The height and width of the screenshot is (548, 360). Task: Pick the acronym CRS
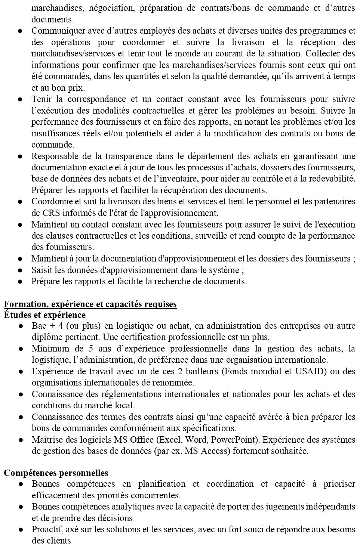40,213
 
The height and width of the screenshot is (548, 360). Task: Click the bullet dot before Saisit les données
21,270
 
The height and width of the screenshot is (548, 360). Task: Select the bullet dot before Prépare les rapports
21,281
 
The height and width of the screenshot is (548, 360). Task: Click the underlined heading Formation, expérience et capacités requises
90,304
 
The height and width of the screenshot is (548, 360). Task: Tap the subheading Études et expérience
44,315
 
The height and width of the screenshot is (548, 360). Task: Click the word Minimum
50,349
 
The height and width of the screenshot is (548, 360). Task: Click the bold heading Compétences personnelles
56,473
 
